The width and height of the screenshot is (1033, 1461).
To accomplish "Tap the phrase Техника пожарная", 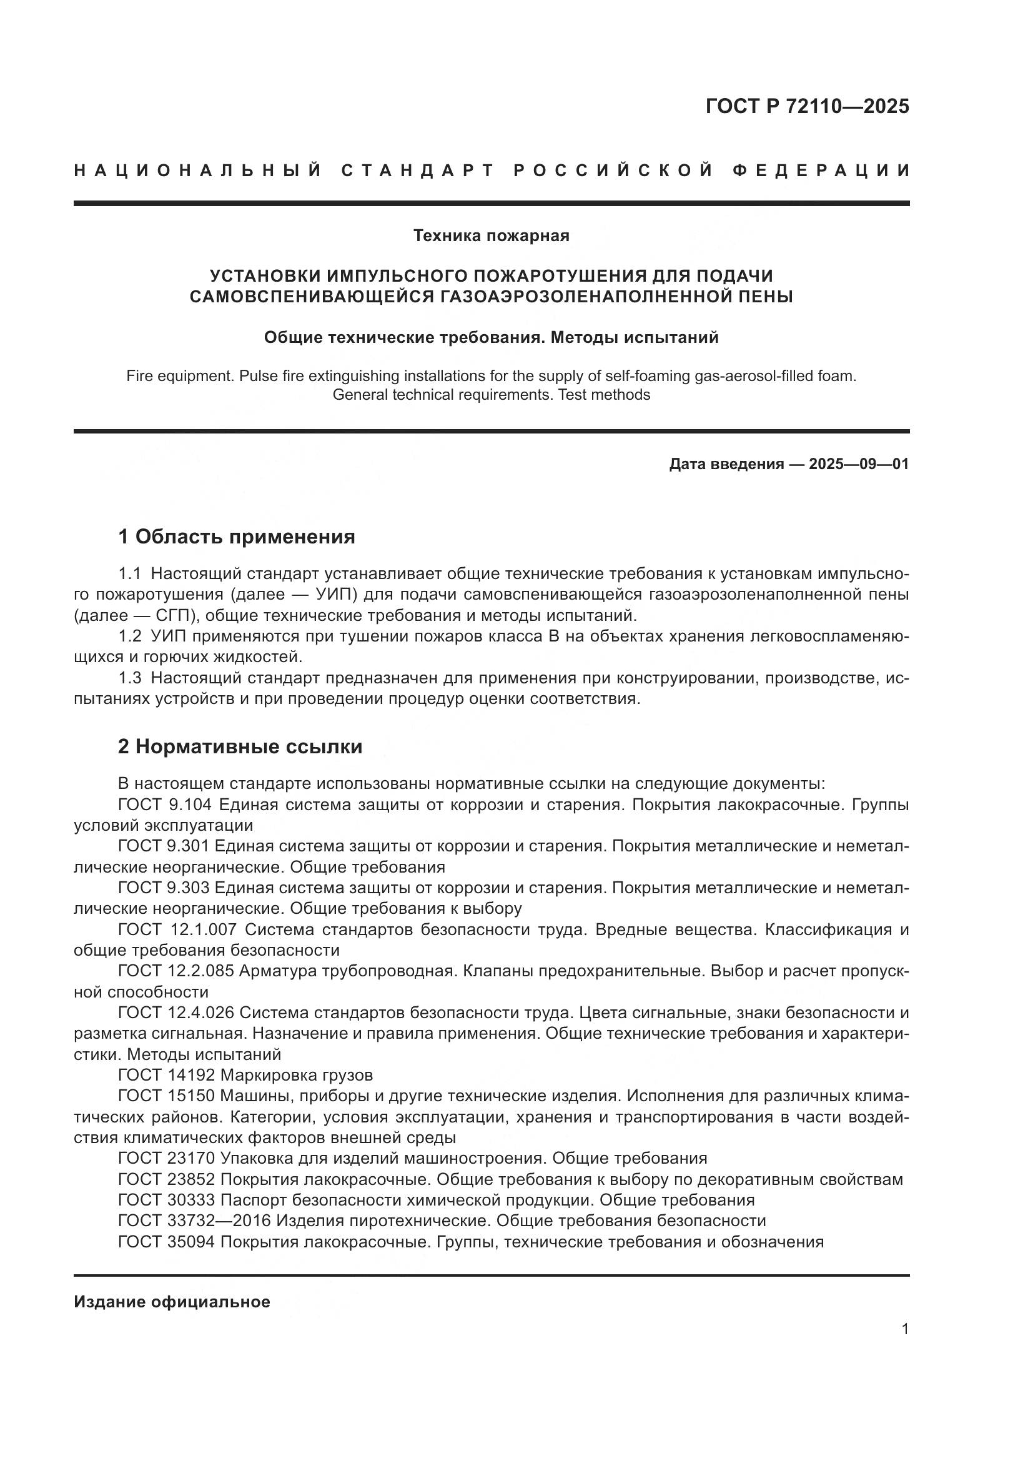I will [491, 236].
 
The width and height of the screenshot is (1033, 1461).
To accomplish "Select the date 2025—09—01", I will [859, 464].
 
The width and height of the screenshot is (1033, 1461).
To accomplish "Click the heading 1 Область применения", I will [236, 537].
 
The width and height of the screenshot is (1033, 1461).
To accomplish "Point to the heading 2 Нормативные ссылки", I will [240, 746].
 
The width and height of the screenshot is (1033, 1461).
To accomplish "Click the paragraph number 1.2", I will [130, 636].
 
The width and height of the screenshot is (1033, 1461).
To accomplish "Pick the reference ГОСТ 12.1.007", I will [177, 929].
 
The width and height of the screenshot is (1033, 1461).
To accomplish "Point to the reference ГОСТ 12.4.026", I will [176, 1013].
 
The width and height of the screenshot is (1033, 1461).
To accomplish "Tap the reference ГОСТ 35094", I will [166, 1242].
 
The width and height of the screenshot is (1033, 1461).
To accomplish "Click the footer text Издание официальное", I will [172, 1302].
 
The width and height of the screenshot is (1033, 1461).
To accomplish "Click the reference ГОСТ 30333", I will [166, 1200].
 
